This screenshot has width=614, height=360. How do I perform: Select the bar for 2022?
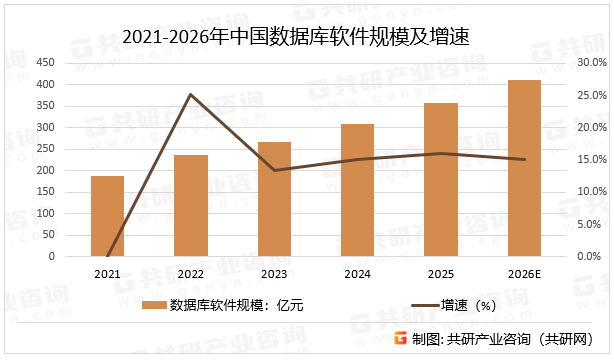point(190,206)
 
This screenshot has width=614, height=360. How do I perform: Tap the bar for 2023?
point(274,199)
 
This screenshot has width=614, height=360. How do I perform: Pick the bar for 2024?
point(357,190)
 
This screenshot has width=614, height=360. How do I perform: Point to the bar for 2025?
point(441,180)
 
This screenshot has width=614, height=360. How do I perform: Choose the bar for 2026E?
point(524,168)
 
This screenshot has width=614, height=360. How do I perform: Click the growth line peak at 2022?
point(190,95)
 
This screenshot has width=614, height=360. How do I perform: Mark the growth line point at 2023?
point(274,170)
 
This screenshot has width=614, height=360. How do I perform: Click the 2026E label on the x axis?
point(524,273)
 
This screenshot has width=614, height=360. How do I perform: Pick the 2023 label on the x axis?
point(274,273)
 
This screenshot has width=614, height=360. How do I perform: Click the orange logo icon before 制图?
point(399,339)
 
